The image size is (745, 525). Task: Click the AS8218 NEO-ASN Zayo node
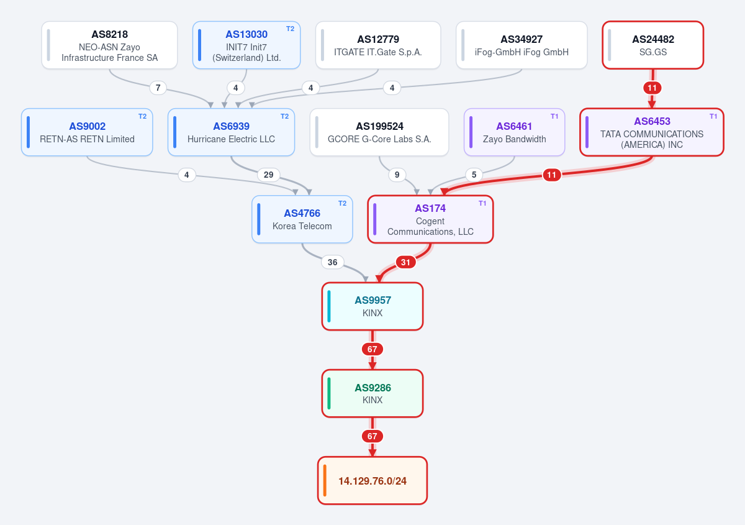click(x=109, y=45)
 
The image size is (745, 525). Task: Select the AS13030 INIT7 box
click(x=246, y=45)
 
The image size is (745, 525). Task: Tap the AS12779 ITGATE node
click(x=378, y=45)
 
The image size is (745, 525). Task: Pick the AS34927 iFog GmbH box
click(x=521, y=45)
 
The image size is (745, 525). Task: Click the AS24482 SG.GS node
click(x=653, y=45)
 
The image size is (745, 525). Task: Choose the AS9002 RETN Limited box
click(x=87, y=132)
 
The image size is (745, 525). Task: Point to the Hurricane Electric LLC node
click(x=231, y=132)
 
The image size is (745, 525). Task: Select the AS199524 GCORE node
click(x=379, y=132)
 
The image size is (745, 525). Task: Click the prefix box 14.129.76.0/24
click(x=372, y=480)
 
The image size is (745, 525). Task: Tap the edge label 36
click(x=332, y=262)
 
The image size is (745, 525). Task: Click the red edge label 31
click(x=405, y=262)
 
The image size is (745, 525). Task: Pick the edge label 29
click(x=268, y=175)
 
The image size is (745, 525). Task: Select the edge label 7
click(x=158, y=88)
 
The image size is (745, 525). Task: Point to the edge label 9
click(x=397, y=175)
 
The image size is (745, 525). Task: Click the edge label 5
click(x=474, y=175)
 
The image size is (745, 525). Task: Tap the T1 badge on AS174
click(x=482, y=203)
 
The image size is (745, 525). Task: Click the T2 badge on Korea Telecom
click(x=342, y=203)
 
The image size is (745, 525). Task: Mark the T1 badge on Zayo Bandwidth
click(x=554, y=117)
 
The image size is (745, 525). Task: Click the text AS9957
click(x=373, y=300)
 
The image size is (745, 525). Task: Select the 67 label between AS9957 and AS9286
click(x=372, y=349)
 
